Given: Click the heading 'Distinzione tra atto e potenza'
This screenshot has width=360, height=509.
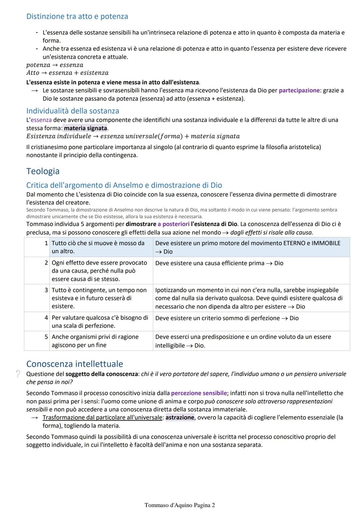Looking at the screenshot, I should (x=77, y=16).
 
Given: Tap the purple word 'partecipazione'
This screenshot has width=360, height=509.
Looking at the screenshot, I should (x=299, y=90).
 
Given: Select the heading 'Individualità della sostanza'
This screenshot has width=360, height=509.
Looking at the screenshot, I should (x=72, y=111).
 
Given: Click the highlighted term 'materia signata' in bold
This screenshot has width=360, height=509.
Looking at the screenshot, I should (x=85, y=128).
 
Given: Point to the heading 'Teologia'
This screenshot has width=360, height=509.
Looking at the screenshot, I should (x=43, y=171).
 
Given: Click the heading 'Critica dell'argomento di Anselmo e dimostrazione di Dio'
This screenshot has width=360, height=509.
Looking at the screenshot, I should (x=124, y=185).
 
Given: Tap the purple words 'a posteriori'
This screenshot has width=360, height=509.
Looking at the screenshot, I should (x=173, y=224).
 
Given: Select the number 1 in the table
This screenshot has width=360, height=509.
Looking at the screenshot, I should (x=46, y=243).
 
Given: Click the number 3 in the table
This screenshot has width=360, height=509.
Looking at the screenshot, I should (x=46, y=290).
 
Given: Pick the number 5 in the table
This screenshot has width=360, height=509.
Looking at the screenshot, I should (x=46, y=337).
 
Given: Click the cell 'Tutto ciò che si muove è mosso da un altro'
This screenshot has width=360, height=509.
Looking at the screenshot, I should (x=98, y=247).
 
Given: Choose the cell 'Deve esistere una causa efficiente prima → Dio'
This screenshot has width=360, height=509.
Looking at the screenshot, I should (x=219, y=263).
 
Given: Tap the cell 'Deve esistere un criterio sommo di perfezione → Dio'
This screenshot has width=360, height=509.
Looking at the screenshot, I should (x=227, y=318).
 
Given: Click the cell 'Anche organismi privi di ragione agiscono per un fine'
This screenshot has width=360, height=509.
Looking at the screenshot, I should (x=95, y=341).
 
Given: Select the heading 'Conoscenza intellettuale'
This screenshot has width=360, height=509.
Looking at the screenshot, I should (x=74, y=364).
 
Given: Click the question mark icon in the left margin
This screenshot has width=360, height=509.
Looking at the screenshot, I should (x=18, y=374).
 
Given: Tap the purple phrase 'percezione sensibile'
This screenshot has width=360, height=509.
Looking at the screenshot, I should (x=199, y=393).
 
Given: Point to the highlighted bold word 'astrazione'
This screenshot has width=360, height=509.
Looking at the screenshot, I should (x=180, y=417).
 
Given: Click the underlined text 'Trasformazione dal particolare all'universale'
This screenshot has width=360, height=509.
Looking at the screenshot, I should (x=102, y=417).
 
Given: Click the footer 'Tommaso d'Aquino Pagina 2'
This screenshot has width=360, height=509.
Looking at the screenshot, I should (x=180, y=505).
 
